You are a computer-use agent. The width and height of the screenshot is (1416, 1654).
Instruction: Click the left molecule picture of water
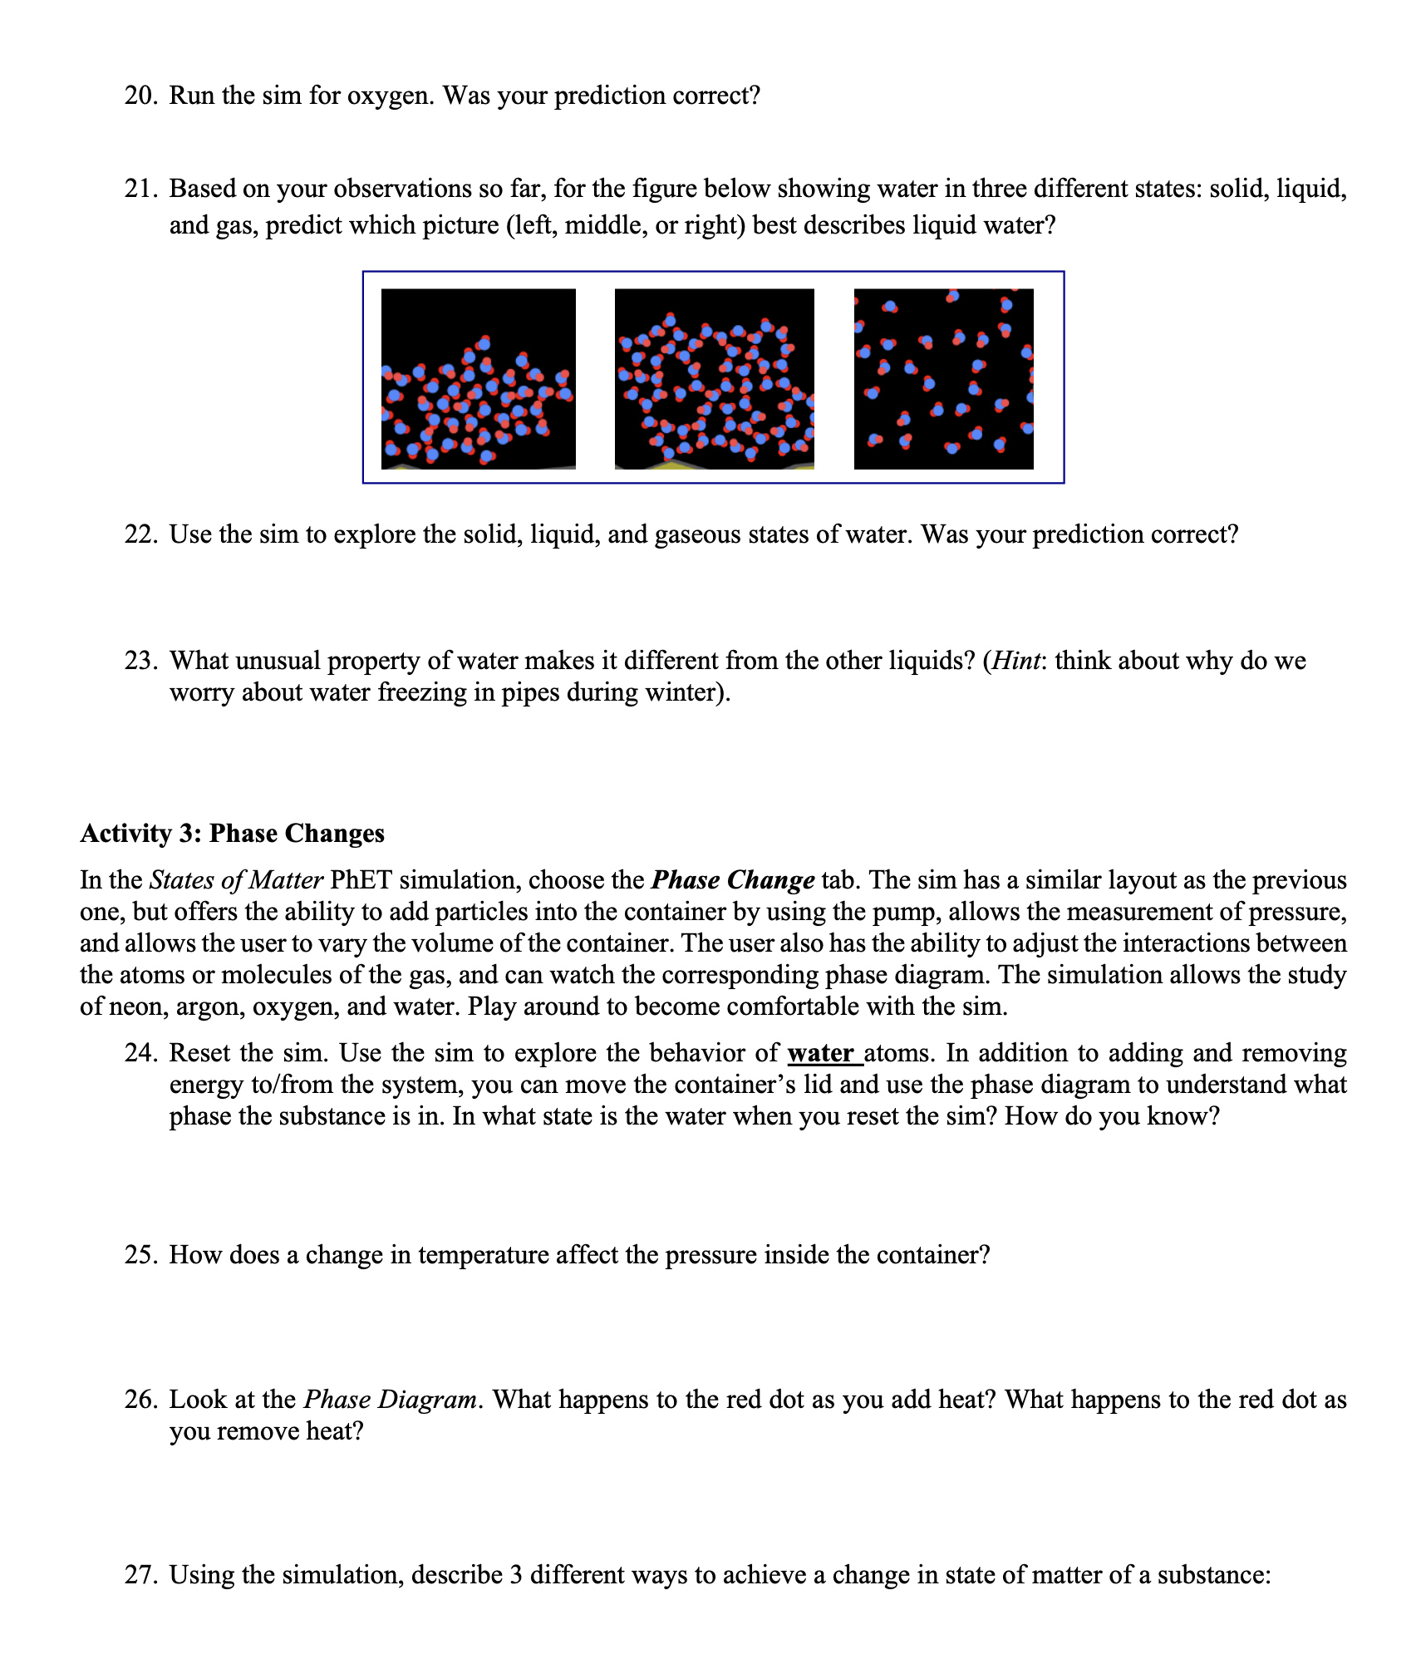(479, 379)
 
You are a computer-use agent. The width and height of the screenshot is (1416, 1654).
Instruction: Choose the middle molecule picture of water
(715, 379)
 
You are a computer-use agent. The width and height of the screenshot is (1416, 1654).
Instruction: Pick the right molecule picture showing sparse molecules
(943, 379)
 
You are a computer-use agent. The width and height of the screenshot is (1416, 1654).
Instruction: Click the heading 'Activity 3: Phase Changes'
(233, 834)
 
